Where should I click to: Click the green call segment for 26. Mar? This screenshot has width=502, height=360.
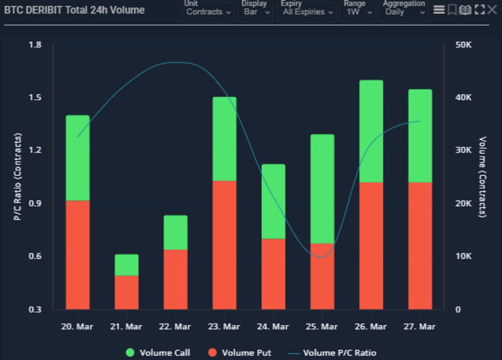371,131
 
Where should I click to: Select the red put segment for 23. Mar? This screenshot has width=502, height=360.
224,245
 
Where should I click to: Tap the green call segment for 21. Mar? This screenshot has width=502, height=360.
127,265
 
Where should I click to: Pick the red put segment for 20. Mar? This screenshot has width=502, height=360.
78,255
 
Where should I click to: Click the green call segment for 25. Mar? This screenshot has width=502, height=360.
322,189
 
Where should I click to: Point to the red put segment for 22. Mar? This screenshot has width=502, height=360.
176,279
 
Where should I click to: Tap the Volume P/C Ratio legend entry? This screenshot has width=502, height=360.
334,353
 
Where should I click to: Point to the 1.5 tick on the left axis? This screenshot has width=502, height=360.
35,98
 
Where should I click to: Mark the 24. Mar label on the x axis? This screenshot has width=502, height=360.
273,326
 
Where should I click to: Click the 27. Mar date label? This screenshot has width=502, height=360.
420,326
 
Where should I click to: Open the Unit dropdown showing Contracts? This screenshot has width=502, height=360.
208,12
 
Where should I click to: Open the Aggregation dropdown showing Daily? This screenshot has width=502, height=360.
404,12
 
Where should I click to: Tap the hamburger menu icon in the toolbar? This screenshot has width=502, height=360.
439,9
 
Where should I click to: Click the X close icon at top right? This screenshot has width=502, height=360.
492,9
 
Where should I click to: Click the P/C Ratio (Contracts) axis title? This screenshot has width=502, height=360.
18,176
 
